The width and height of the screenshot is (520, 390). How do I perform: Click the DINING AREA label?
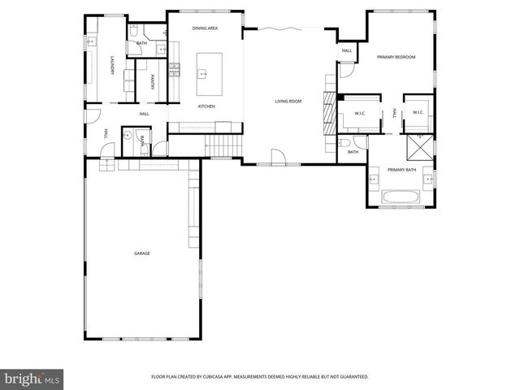(x=205, y=28)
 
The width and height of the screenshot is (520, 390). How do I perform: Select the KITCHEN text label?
(x=206, y=106)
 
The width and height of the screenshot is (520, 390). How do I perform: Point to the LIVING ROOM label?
(x=288, y=102)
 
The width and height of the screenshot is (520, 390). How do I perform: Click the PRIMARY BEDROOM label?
(x=397, y=57)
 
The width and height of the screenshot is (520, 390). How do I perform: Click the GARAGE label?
(x=142, y=253)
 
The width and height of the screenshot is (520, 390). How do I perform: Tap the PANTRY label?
(x=153, y=81)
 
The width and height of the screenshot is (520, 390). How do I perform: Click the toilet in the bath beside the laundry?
(x=135, y=32)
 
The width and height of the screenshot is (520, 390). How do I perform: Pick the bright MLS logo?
(x=32, y=379)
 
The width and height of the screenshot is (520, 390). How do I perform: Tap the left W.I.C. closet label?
(x=358, y=113)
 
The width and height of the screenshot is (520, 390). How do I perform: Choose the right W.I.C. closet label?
(x=418, y=113)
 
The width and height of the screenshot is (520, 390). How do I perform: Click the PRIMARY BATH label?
(x=401, y=169)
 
